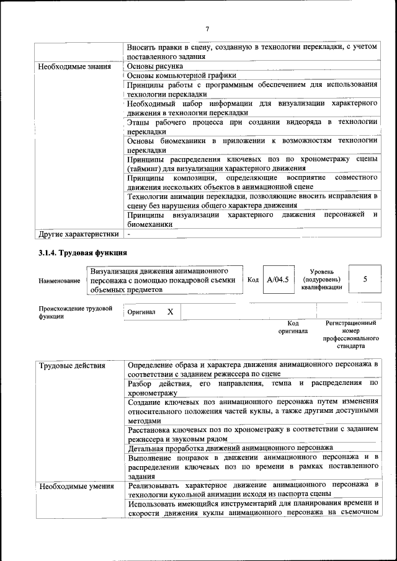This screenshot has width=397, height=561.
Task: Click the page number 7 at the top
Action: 208,28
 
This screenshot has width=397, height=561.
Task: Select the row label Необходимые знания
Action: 74,66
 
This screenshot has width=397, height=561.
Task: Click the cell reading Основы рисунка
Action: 154,66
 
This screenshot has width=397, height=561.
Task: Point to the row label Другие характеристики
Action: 78,235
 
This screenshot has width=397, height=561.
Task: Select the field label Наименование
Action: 59,281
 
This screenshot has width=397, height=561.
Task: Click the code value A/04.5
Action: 278,280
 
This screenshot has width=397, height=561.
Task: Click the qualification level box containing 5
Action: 365,280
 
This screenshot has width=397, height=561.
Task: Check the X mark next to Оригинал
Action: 170,312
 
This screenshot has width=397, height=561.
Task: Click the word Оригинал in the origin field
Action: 141,312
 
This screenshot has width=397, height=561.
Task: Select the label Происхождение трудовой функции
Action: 75,312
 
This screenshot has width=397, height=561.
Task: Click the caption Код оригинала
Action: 293,327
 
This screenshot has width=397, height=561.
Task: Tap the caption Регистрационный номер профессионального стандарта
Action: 350,335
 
